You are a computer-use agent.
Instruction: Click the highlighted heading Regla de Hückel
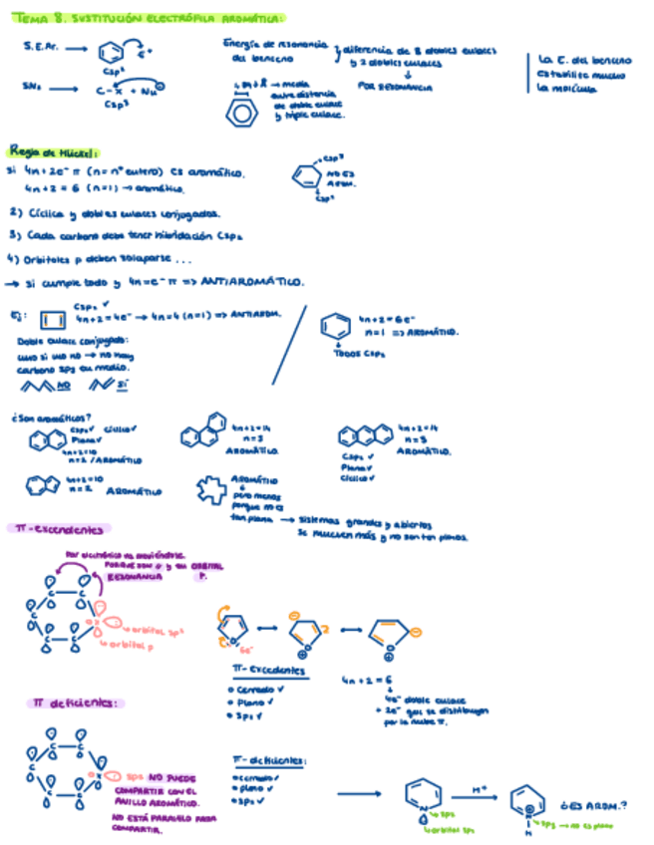click(x=52, y=151)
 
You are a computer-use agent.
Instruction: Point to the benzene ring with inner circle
click(x=240, y=114)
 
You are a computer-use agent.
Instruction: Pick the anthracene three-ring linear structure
click(x=365, y=435)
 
